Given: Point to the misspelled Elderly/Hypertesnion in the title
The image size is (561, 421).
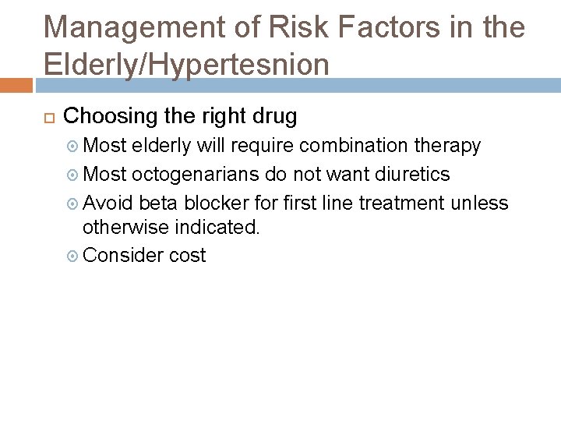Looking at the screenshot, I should (186, 64).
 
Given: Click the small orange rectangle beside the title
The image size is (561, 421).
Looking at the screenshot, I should (16, 84).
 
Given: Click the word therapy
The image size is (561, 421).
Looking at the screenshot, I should (450, 146).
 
